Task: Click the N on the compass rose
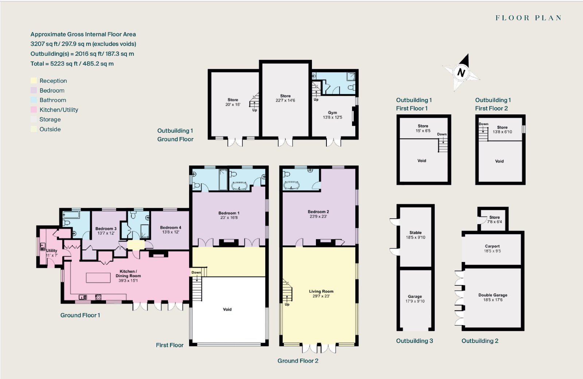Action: click(x=461, y=73)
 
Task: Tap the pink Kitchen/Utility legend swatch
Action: click(x=34, y=110)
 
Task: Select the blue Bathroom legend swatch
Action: click(x=34, y=100)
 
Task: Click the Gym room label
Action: click(x=332, y=113)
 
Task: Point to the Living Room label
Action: click(x=321, y=291)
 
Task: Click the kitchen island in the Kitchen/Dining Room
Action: click(x=98, y=277)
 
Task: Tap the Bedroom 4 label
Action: click(x=171, y=227)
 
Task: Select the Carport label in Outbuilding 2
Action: click(x=492, y=246)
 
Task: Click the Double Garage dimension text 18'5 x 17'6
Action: click(x=493, y=300)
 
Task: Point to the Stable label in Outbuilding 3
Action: click(x=415, y=233)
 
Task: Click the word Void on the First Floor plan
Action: click(x=227, y=309)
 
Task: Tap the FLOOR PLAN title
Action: click(x=528, y=18)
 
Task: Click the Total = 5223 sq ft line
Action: click(x=72, y=63)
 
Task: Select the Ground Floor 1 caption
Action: click(x=80, y=315)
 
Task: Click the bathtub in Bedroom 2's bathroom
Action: click(x=291, y=185)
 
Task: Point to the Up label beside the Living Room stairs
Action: click(x=287, y=304)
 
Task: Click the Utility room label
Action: click(x=51, y=250)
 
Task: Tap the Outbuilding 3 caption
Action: click(x=415, y=341)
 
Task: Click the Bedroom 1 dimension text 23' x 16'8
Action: click(x=229, y=218)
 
